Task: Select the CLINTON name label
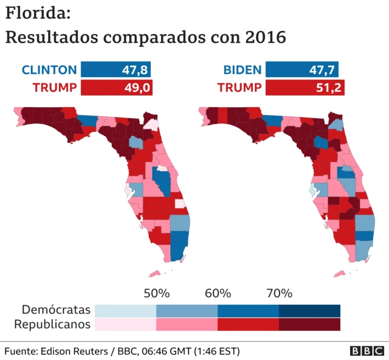[x=49, y=69]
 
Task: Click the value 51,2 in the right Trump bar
[x=330, y=88]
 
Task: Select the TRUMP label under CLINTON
[x=54, y=88]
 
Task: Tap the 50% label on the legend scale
[x=156, y=293]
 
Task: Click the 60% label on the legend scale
[x=218, y=293]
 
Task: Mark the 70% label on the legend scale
[x=279, y=293]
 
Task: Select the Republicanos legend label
[x=52, y=324]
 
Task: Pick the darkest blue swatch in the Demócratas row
[x=309, y=310]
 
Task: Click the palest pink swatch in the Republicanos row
[x=125, y=325]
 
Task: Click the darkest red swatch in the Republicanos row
[x=309, y=325]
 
